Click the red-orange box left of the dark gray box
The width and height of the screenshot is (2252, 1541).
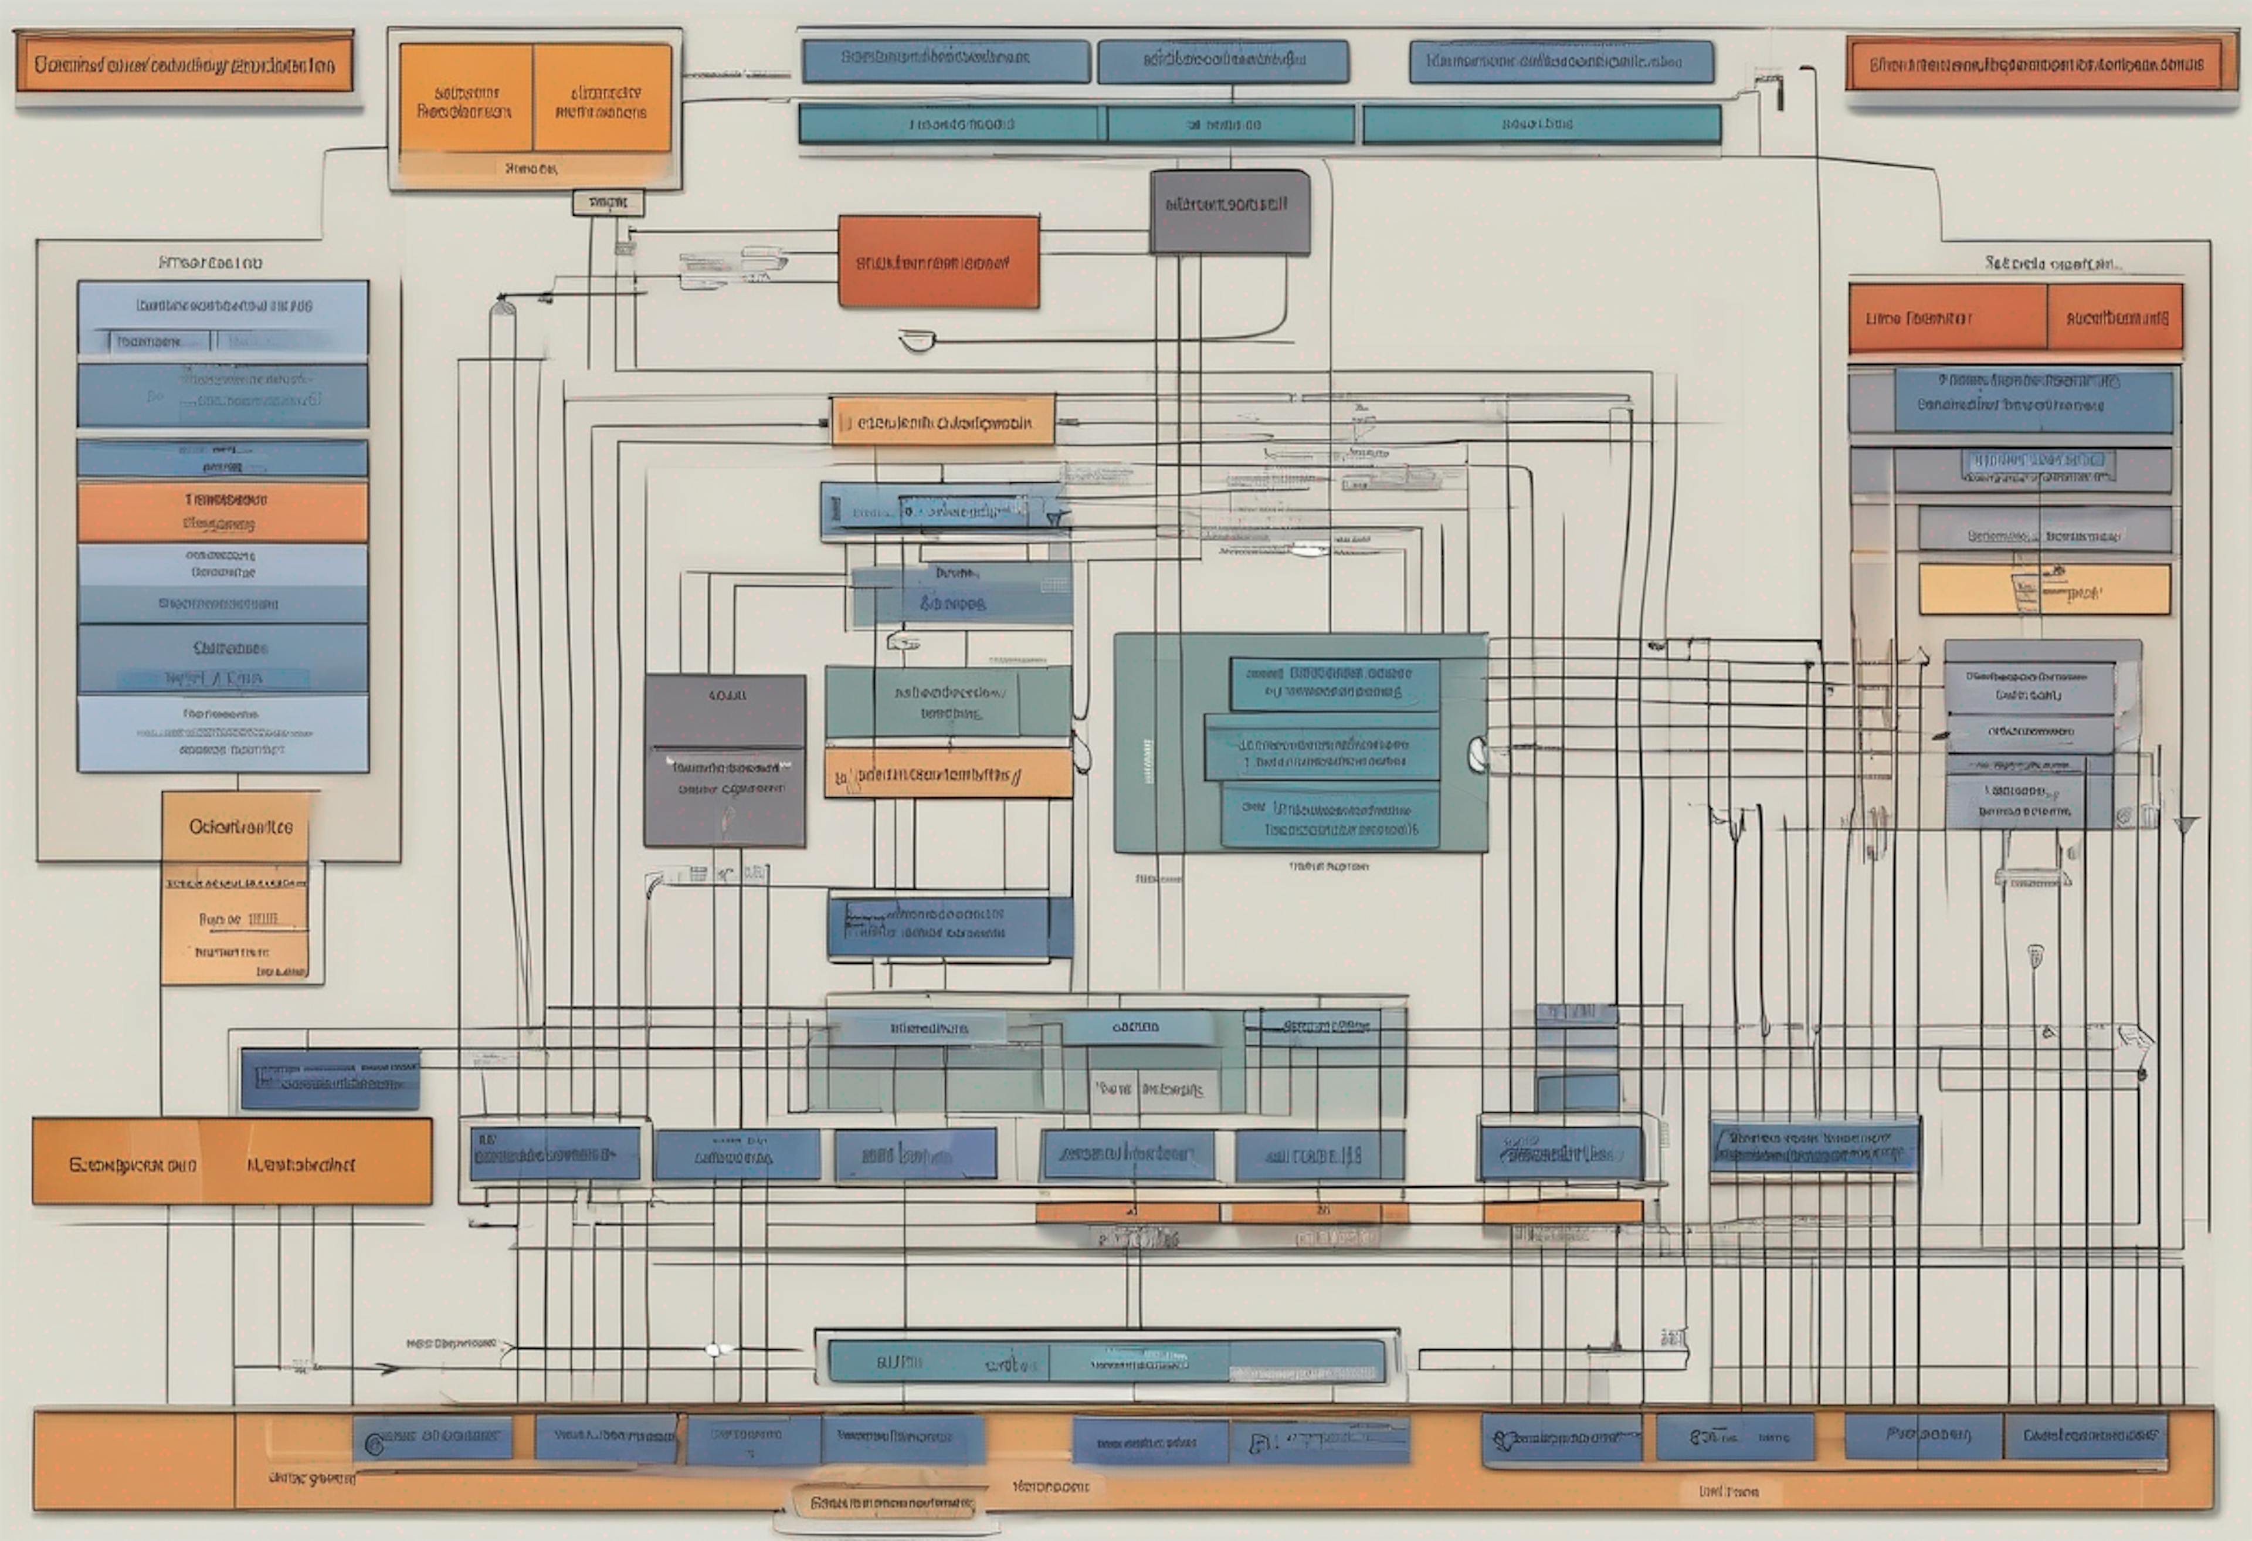(x=938, y=262)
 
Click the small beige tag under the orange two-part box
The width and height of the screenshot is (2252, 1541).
(x=608, y=202)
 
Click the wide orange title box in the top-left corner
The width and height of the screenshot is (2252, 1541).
(x=184, y=65)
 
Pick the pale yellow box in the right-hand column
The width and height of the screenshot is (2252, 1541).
(x=2044, y=590)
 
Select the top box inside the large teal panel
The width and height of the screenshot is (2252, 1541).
(x=1334, y=683)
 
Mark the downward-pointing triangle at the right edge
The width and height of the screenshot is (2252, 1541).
(x=2186, y=826)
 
